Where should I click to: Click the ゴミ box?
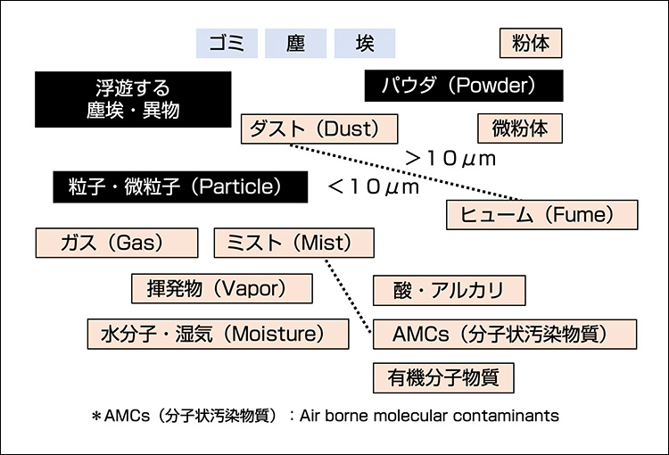227,43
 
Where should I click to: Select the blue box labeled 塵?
295,43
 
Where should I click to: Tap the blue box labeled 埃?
364,43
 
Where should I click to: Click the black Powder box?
464,86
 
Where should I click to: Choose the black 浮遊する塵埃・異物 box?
132,99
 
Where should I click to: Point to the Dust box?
319,128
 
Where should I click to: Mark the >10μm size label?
450,158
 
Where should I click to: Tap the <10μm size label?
373,186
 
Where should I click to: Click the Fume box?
542,215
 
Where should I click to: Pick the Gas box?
116,243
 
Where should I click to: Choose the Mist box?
294,243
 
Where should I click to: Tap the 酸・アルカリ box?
449,290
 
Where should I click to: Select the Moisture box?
218,334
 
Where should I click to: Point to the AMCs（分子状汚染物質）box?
505,334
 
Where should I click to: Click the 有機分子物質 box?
443,377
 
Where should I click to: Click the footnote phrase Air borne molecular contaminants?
429,416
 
